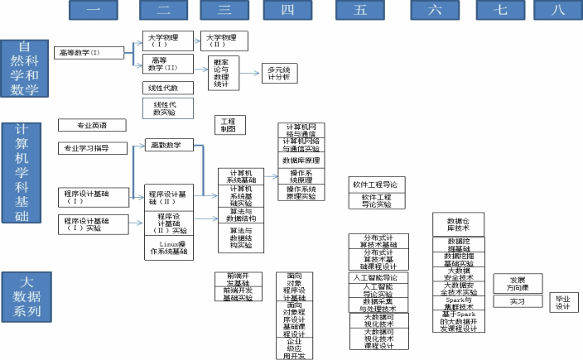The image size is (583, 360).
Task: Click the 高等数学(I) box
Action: [x=91, y=52]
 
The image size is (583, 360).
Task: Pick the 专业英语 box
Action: [x=91, y=125]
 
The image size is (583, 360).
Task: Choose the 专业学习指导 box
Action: [x=91, y=148]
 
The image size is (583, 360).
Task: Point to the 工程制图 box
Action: [x=228, y=126]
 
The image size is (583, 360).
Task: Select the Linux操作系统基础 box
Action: [x=171, y=247]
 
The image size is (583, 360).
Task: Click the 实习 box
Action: [x=517, y=302]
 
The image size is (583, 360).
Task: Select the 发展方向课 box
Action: [x=517, y=282]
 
